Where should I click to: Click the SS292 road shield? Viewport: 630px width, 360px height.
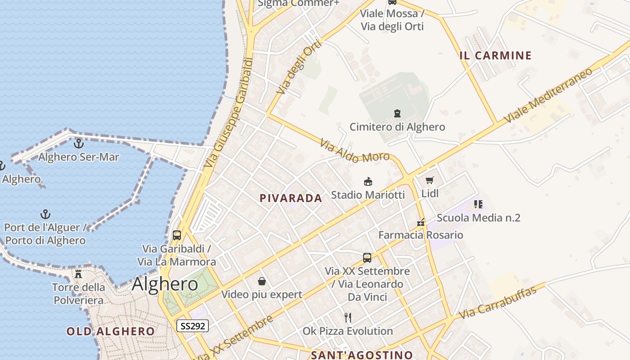193,326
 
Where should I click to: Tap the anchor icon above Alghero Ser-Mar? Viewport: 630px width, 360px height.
79,144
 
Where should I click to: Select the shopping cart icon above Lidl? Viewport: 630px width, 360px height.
430,180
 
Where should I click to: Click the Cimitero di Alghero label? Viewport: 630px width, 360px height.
397,127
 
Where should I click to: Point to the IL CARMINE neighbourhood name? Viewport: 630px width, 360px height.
495,56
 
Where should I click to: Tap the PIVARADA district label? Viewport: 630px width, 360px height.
291,198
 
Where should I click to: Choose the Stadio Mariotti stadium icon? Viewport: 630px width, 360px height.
368,182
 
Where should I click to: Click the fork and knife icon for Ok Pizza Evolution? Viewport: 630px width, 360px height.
347,318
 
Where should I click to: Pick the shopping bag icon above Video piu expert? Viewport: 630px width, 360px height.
261,282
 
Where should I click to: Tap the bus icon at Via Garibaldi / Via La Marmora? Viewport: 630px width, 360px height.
177,235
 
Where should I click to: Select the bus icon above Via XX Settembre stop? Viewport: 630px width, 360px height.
367,258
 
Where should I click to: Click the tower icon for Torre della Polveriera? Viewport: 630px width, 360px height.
78,274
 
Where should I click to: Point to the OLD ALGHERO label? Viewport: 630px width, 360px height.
110,332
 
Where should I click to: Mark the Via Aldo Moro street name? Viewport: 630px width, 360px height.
354,151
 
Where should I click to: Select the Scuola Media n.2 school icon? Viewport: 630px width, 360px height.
478,204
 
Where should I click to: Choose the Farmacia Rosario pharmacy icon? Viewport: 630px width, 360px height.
421,222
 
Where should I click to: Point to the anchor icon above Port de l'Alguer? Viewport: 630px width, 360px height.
45,214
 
